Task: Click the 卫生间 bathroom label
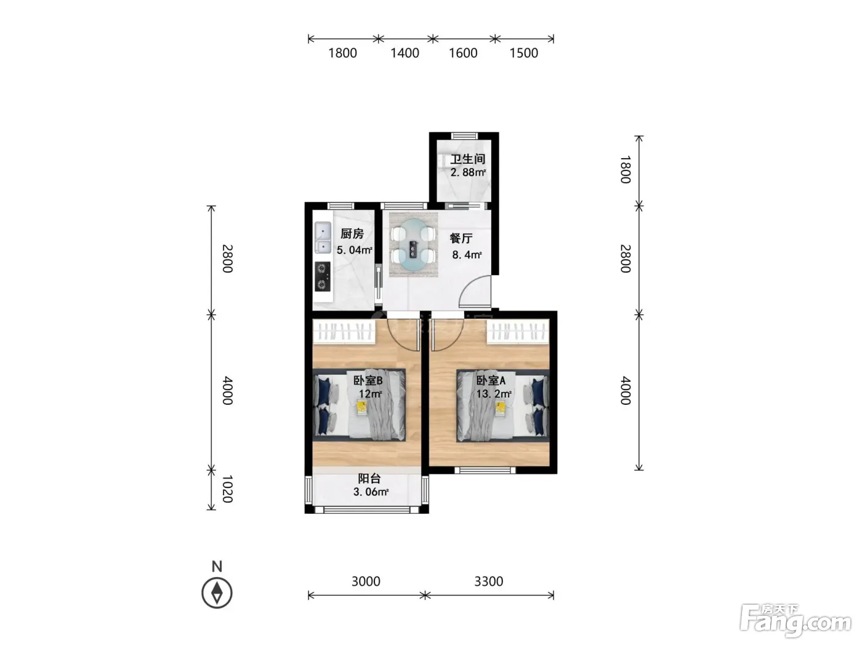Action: click(467, 159)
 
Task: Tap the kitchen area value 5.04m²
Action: click(354, 250)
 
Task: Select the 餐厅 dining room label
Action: click(461, 238)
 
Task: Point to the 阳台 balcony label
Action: click(369, 478)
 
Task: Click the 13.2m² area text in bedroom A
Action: click(494, 393)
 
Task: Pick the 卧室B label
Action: click(368, 380)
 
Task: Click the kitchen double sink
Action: click(323, 237)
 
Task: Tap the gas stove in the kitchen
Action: click(323, 276)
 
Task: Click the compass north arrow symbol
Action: click(217, 592)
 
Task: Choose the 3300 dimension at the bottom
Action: click(488, 581)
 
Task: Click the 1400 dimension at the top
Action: click(405, 53)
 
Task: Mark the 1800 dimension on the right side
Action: click(625, 169)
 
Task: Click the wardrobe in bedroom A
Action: click(518, 332)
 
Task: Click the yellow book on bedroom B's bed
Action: click(361, 406)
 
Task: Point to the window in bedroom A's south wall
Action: click(485, 470)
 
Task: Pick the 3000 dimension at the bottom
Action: click(366, 581)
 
